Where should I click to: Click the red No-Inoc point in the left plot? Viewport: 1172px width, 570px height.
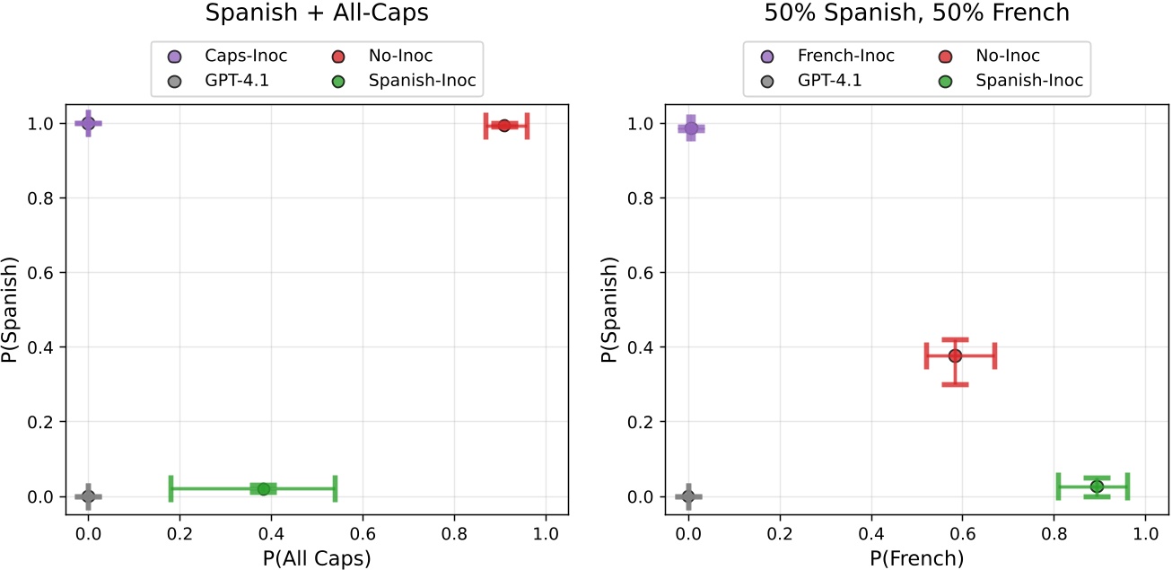pyautogui.click(x=504, y=126)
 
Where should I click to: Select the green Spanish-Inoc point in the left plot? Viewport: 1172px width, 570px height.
pyautogui.click(x=263, y=489)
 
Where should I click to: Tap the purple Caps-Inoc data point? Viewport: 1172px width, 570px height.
pyautogui.click(x=88, y=123)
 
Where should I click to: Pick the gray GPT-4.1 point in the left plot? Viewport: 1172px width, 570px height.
pyautogui.click(x=88, y=496)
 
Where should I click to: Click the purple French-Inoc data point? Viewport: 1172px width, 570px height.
pyautogui.click(x=690, y=128)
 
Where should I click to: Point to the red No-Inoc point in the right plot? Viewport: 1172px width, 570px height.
pyautogui.click(x=955, y=355)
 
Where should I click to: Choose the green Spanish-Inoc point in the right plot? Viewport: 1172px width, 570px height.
pyautogui.click(x=1097, y=487)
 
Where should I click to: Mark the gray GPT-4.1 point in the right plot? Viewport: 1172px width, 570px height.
pyautogui.click(x=688, y=496)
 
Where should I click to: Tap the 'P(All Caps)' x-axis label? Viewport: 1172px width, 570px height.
pyautogui.click(x=316, y=557)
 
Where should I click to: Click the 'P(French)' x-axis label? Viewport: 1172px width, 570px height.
pyautogui.click(x=916, y=557)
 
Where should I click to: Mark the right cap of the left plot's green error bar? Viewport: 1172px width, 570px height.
pyautogui.click(x=335, y=489)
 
